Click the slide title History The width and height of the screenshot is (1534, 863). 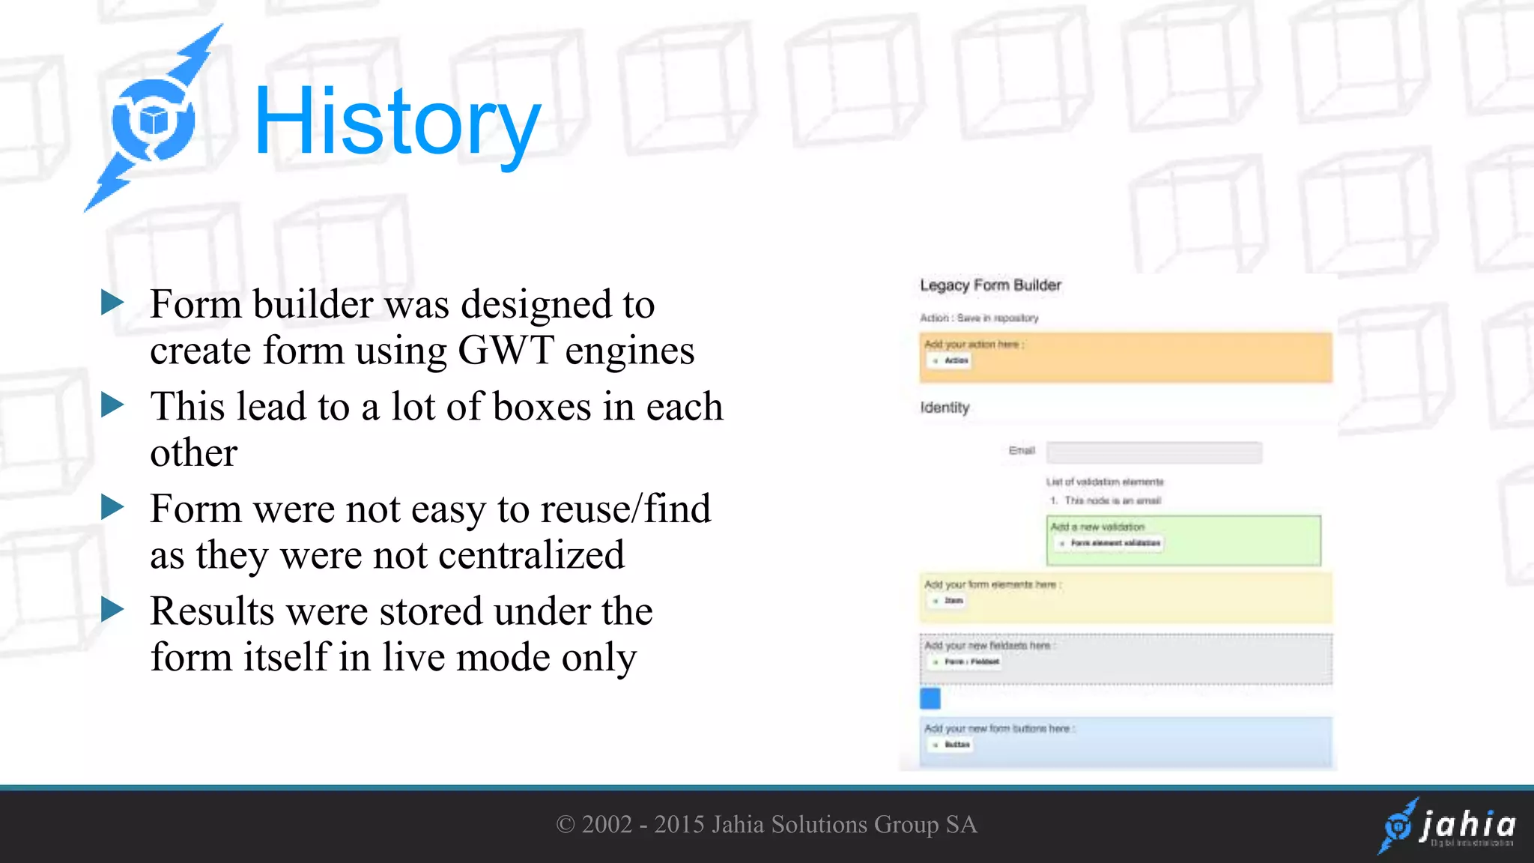(397, 123)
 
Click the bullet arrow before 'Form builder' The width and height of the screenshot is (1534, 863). (112, 303)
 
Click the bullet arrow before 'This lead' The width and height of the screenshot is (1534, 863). (112, 405)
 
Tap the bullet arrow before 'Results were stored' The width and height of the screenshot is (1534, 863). (112, 610)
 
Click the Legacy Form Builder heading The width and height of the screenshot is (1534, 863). (990, 285)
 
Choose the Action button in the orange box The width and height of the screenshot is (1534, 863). (951, 361)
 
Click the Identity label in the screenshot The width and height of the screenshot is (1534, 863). (945, 408)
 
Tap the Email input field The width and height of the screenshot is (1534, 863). (1153, 452)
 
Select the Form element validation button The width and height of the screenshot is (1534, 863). (1110, 543)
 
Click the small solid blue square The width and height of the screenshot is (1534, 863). (930, 698)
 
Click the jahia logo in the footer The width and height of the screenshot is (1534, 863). (1448, 826)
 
